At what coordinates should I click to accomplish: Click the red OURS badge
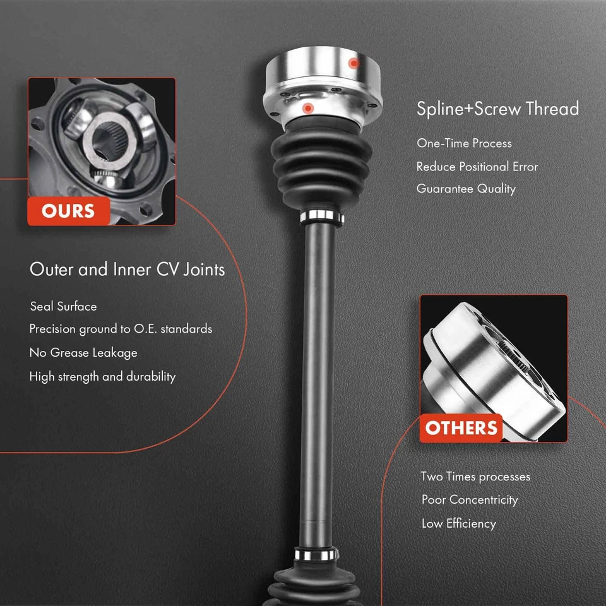tap(68, 211)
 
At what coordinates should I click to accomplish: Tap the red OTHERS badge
tap(461, 428)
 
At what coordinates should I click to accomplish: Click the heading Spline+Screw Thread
tap(497, 109)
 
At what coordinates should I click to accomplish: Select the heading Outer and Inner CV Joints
tap(127, 270)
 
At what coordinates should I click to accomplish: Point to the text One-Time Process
tap(464, 143)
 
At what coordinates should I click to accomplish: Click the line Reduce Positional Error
tap(477, 167)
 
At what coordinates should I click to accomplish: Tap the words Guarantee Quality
tap(466, 189)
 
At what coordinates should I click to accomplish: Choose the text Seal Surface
tap(64, 307)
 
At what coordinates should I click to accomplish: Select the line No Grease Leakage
tap(83, 353)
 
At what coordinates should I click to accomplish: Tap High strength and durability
tap(102, 377)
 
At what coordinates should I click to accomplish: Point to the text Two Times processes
tap(475, 477)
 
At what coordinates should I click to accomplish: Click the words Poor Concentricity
tap(470, 500)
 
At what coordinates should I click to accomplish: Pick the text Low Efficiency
tap(459, 523)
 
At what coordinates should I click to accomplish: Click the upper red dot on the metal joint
tap(354, 63)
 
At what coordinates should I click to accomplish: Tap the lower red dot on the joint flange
tap(307, 109)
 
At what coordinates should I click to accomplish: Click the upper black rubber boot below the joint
tap(321, 164)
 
